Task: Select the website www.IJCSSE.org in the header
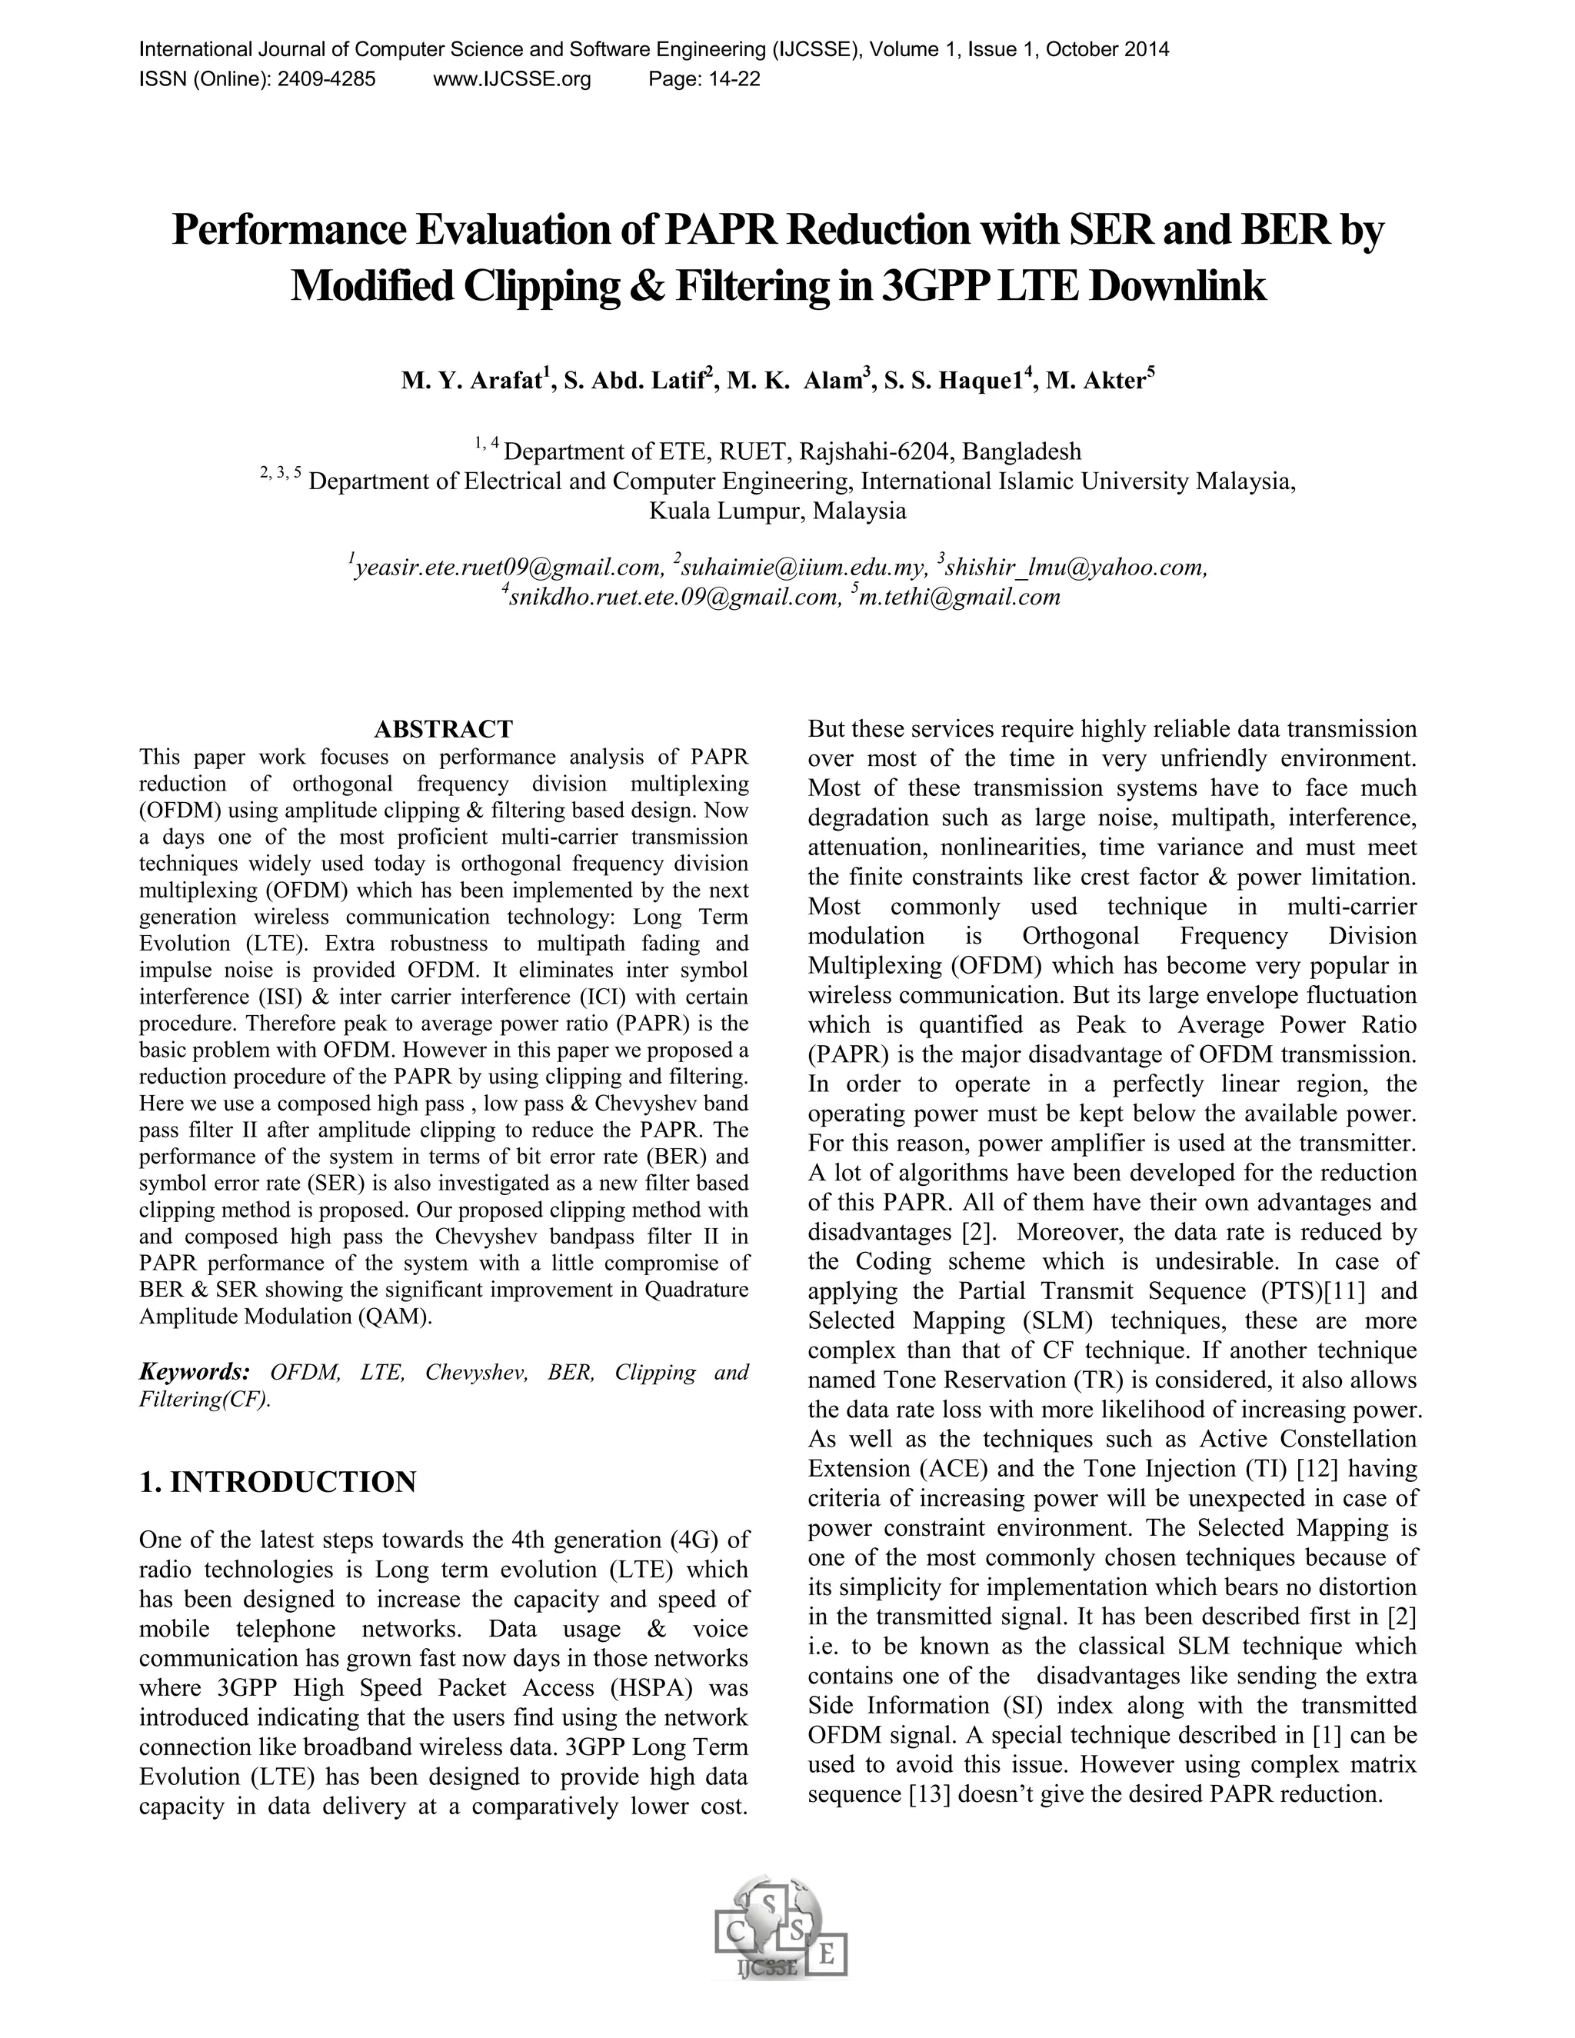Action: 512,79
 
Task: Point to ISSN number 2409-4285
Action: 327,79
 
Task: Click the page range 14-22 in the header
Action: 734,79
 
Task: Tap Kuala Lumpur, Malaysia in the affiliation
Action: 778,511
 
